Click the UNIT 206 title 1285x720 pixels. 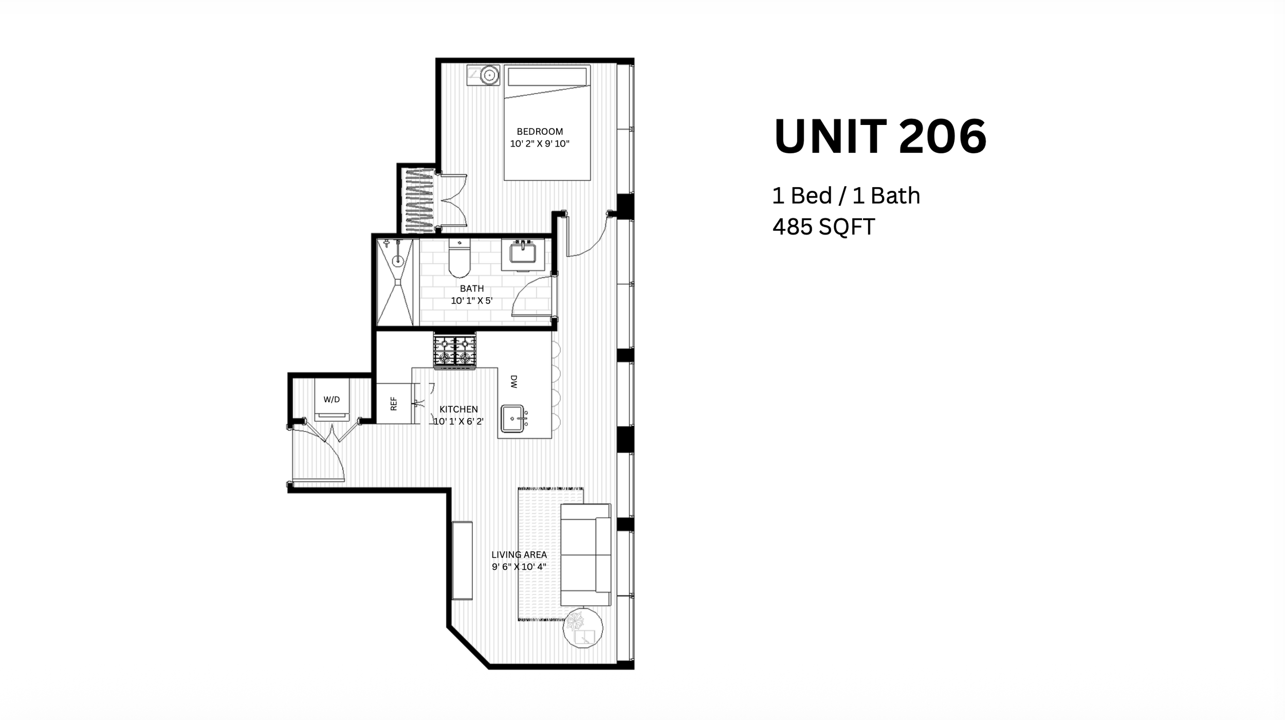pos(880,136)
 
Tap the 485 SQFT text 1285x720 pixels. pos(823,227)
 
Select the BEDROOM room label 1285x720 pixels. pos(540,132)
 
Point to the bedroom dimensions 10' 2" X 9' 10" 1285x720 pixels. pos(540,144)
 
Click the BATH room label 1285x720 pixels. pos(472,289)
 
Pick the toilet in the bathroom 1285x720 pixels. pos(459,258)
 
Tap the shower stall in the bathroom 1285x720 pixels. pos(395,282)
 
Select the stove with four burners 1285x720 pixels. pos(455,351)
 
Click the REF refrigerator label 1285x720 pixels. pos(394,404)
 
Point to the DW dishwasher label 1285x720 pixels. pos(513,381)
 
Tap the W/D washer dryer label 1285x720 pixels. pos(332,400)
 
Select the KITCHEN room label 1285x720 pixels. pos(458,409)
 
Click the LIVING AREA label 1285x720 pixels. pos(519,554)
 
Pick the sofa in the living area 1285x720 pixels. pos(585,555)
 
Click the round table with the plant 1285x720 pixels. pos(583,628)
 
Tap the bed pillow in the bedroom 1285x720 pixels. pos(547,77)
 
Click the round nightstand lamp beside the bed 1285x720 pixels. pos(490,76)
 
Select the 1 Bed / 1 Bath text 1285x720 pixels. pos(846,195)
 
